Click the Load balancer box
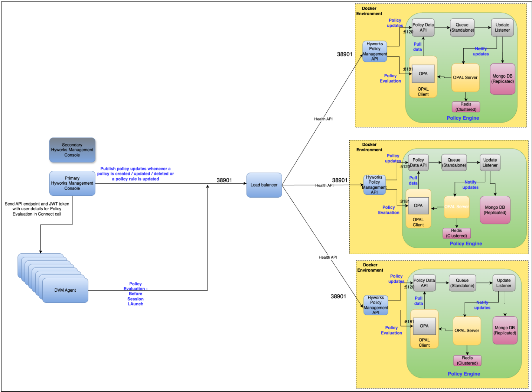264,185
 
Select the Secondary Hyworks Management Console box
72,150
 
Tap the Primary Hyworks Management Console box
72,183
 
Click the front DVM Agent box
65,290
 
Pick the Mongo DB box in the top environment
503,79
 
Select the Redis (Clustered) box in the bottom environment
467,360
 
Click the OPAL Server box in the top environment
465,78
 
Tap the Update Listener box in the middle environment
490,163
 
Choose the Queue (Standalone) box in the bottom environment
462,283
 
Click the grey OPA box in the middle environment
418,205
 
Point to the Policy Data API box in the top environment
423,28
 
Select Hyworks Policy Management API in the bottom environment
376,305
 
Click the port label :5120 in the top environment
408,32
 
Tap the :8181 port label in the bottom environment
409,322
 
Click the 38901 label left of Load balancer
224,180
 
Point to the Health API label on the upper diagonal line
323,119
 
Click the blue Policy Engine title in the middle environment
466,244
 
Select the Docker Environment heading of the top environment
369,11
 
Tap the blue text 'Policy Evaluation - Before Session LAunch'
136,294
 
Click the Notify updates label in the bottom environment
482,305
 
